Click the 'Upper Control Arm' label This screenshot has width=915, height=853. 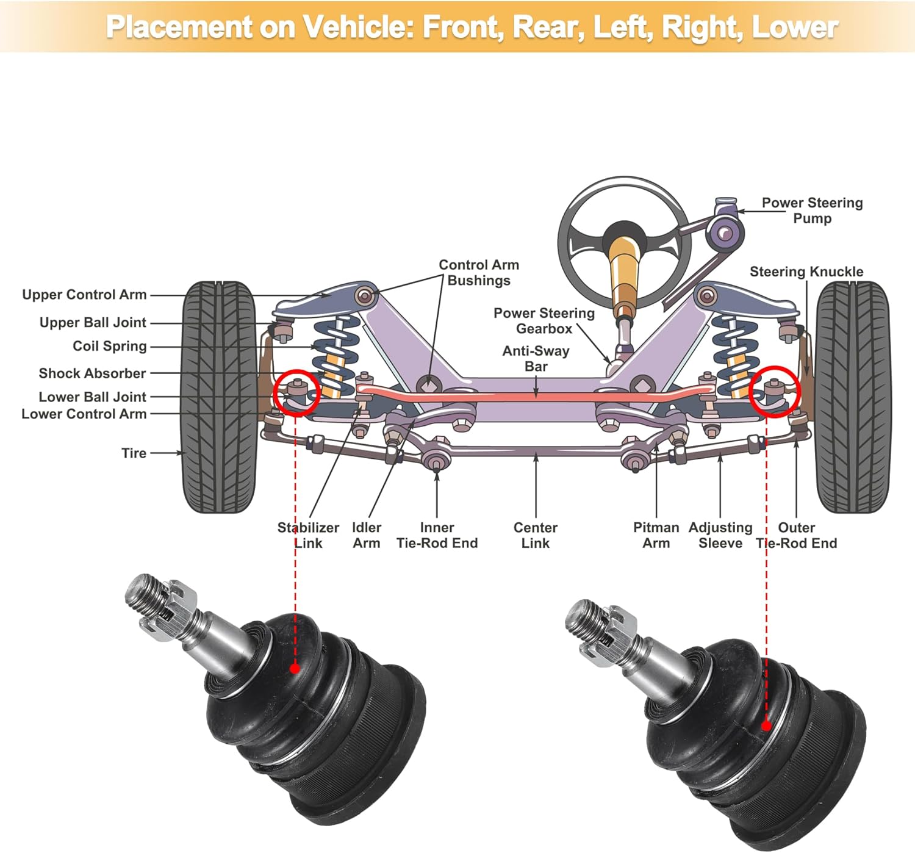coord(84,295)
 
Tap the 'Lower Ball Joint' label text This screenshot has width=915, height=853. coord(92,397)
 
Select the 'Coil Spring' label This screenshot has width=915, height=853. coord(110,346)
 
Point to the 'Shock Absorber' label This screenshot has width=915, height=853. coord(92,373)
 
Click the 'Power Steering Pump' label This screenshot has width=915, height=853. coord(812,211)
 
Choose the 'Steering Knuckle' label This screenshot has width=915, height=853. coord(806,272)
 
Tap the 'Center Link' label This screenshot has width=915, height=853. coord(536,535)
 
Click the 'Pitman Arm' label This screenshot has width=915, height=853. coord(656,535)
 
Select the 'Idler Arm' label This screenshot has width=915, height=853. coord(366,535)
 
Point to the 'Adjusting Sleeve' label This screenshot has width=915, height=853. coord(720,535)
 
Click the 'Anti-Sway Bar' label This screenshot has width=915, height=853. coord(536,358)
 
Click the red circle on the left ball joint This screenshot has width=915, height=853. coord(296,393)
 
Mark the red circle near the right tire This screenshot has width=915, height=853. coord(774,392)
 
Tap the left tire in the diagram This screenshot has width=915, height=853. coord(219,397)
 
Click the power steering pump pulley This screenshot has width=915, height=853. coord(725,232)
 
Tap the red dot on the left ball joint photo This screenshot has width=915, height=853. coord(295,669)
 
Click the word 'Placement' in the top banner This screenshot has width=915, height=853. coord(178,27)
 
